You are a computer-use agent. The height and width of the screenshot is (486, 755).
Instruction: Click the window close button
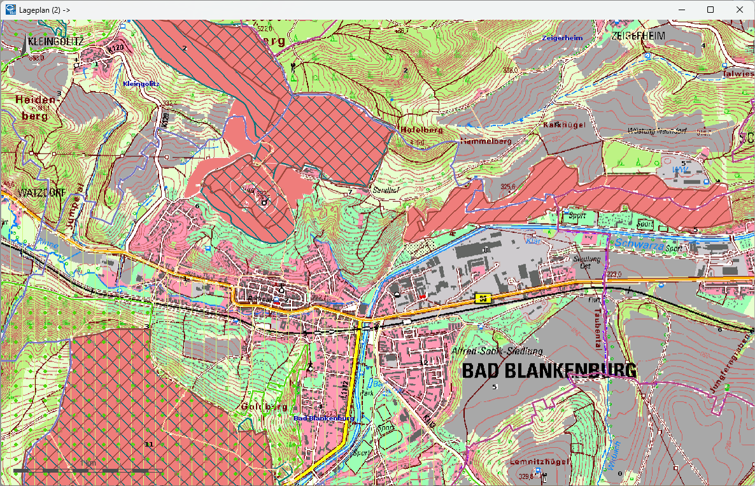click(739, 10)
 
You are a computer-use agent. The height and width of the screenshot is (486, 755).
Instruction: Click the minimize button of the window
click(682, 10)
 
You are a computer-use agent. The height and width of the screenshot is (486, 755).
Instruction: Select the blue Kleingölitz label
click(141, 83)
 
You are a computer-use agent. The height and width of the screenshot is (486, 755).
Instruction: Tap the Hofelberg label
click(421, 129)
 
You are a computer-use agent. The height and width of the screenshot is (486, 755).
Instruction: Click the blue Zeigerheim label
click(562, 38)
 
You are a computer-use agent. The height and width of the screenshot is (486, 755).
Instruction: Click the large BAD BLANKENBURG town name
click(549, 370)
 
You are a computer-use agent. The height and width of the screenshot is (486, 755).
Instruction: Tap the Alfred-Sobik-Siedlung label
click(497, 351)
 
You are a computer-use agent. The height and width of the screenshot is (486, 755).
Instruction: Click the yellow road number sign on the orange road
click(483, 298)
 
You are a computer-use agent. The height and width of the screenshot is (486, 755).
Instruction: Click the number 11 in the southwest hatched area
click(149, 443)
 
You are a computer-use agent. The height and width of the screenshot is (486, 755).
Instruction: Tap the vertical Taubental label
click(598, 331)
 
